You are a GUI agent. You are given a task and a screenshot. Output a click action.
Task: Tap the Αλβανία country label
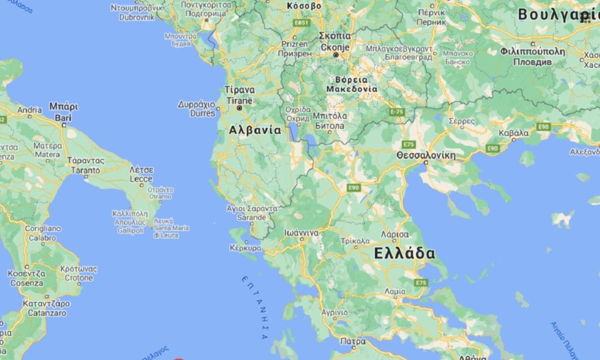255,130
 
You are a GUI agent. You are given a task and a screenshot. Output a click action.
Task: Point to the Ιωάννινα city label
301,233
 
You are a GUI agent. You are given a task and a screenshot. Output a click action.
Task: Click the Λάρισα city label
394,234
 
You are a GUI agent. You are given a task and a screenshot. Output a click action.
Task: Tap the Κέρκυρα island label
246,248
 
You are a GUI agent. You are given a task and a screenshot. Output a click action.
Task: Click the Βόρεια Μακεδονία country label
352,84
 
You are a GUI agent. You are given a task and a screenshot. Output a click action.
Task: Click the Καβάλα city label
513,133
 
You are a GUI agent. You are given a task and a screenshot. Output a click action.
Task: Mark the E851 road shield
301,23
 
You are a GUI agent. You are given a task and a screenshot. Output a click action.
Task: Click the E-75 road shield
397,111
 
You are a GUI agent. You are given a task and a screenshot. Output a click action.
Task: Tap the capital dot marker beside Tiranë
239,108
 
